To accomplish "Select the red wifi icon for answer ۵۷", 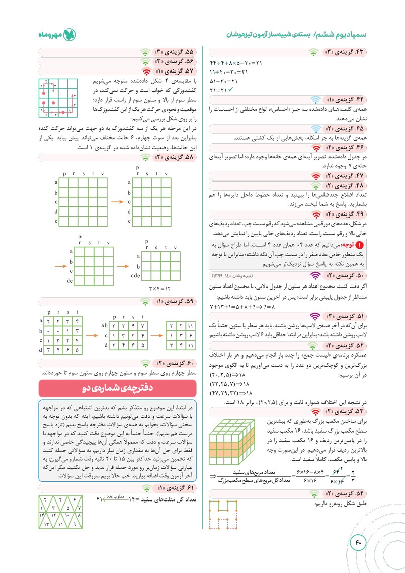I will click(146, 70).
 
